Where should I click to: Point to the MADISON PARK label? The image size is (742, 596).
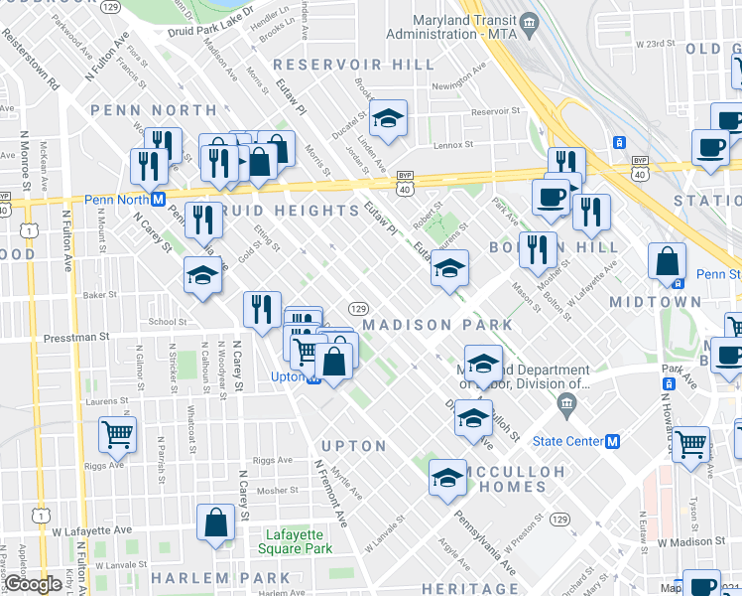(437, 325)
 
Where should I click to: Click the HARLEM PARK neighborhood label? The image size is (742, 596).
(221, 578)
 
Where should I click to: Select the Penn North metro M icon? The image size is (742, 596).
(157, 199)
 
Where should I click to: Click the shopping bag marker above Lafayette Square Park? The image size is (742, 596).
(215, 522)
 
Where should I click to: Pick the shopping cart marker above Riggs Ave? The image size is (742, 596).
(117, 434)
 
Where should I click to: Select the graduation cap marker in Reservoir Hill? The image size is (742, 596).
(388, 117)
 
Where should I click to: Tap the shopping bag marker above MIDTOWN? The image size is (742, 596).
(668, 261)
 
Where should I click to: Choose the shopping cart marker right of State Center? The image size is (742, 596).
(690, 443)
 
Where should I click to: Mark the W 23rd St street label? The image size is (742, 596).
(669, 44)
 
